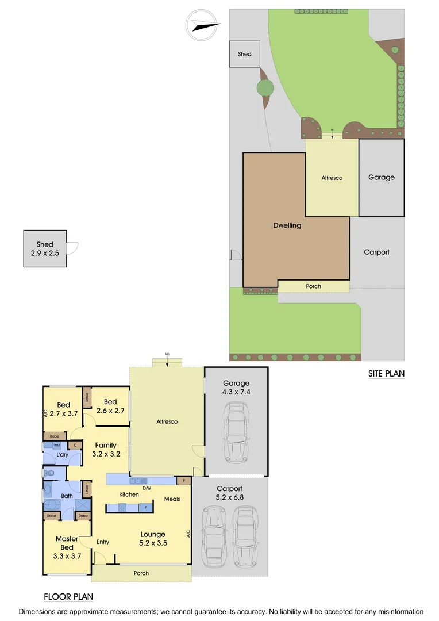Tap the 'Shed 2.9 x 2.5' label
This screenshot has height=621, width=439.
pos(44,249)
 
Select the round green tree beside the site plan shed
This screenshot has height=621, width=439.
pos(265,88)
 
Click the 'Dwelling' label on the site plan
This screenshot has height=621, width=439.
pos(287,225)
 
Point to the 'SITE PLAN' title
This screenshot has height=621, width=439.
pos(386,374)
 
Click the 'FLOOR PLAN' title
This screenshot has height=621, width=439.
pos(68,597)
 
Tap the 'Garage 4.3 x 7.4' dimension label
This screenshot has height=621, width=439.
pos(236,388)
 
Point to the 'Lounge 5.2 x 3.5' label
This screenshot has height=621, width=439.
pos(153,539)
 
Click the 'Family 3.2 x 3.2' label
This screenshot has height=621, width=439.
pos(106,449)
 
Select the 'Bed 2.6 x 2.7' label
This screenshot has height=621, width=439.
pos(110,406)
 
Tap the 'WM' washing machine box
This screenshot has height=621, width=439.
pos(56,445)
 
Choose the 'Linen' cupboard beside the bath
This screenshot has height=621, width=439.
pos(87,489)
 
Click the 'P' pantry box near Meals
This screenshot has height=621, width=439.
pos(184,480)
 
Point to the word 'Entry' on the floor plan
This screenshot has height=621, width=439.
pos(103,542)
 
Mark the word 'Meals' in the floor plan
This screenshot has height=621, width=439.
pos(172,499)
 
